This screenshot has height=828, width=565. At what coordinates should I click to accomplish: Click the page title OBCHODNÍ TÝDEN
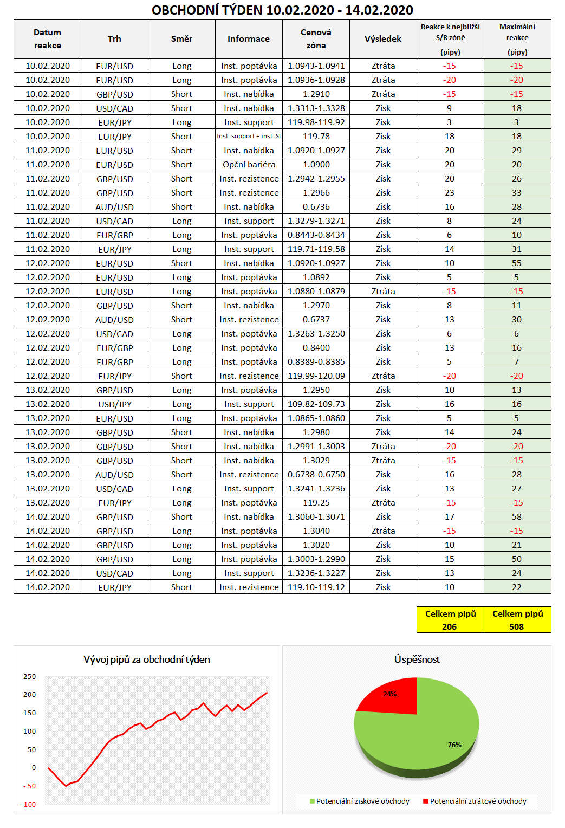coord(282,10)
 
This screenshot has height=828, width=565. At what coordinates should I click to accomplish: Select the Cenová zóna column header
coord(316,39)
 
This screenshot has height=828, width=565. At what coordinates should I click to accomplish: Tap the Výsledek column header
coord(383,39)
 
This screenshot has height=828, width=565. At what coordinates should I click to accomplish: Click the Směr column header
coord(181,39)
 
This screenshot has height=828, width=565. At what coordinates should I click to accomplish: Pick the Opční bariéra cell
coord(249,165)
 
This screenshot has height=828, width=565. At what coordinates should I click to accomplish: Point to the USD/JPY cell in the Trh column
coord(114,404)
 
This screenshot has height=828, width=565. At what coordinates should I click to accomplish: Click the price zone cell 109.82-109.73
coord(316,404)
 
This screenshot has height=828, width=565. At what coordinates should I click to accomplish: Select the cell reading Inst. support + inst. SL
coord(249,137)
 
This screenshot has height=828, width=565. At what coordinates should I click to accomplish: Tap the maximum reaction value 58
coord(517,517)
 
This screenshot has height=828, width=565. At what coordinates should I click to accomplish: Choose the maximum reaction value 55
coord(517,263)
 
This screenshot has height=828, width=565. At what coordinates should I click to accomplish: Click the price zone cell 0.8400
coord(316,348)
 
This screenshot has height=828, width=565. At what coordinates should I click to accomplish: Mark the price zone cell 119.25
coord(316,503)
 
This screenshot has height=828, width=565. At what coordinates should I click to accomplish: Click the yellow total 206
coord(450,626)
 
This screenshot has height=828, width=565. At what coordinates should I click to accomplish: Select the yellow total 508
coord(517,626)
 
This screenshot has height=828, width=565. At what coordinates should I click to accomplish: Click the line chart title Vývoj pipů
coord(147,659)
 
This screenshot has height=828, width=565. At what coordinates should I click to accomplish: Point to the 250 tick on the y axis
coord(30,677)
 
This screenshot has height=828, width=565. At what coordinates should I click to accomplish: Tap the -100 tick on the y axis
coord(28,805)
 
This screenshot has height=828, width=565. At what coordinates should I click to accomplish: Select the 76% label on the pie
coord(454,745)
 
